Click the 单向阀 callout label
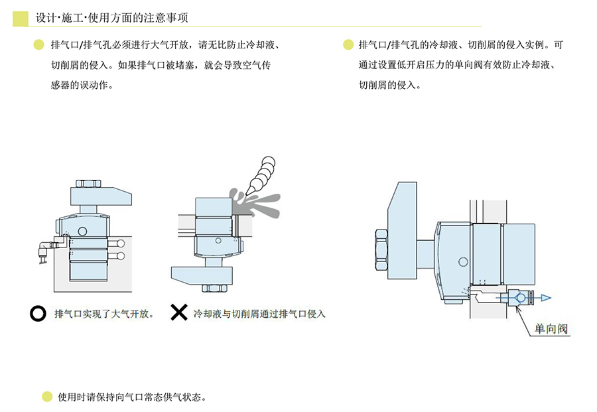(x=551, y=328)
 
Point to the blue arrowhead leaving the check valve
(x=545, y=298)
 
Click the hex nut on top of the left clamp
(x=88, y=182)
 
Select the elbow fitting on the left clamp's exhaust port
(x=44, y=248)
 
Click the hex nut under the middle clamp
(x=214, y=287)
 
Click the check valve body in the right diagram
(x=520, y=298)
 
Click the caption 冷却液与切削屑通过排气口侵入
(x=259, y=313)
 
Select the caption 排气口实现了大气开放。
(x=104, y=313)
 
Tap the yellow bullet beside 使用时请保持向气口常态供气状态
(x=47, y=397)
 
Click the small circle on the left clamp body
(x=82, y=231)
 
